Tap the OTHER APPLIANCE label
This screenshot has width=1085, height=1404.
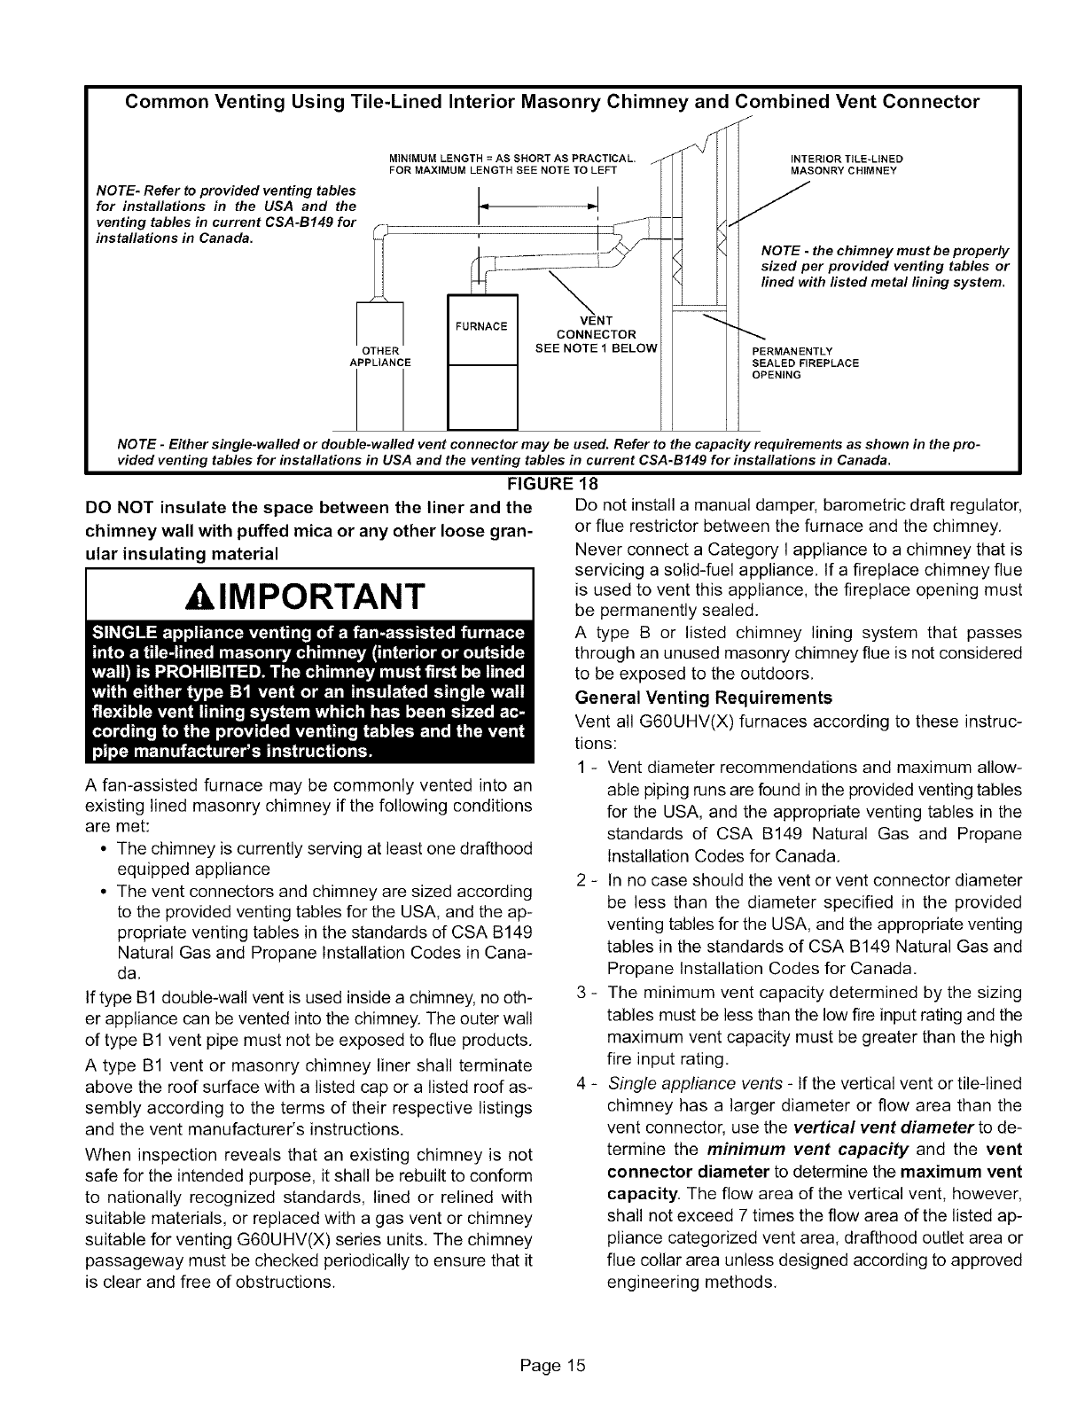386,355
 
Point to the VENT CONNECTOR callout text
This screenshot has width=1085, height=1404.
595,333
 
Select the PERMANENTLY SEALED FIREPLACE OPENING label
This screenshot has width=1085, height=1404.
805,363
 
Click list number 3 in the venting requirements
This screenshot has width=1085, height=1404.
582,992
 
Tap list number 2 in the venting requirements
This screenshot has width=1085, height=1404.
582,879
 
